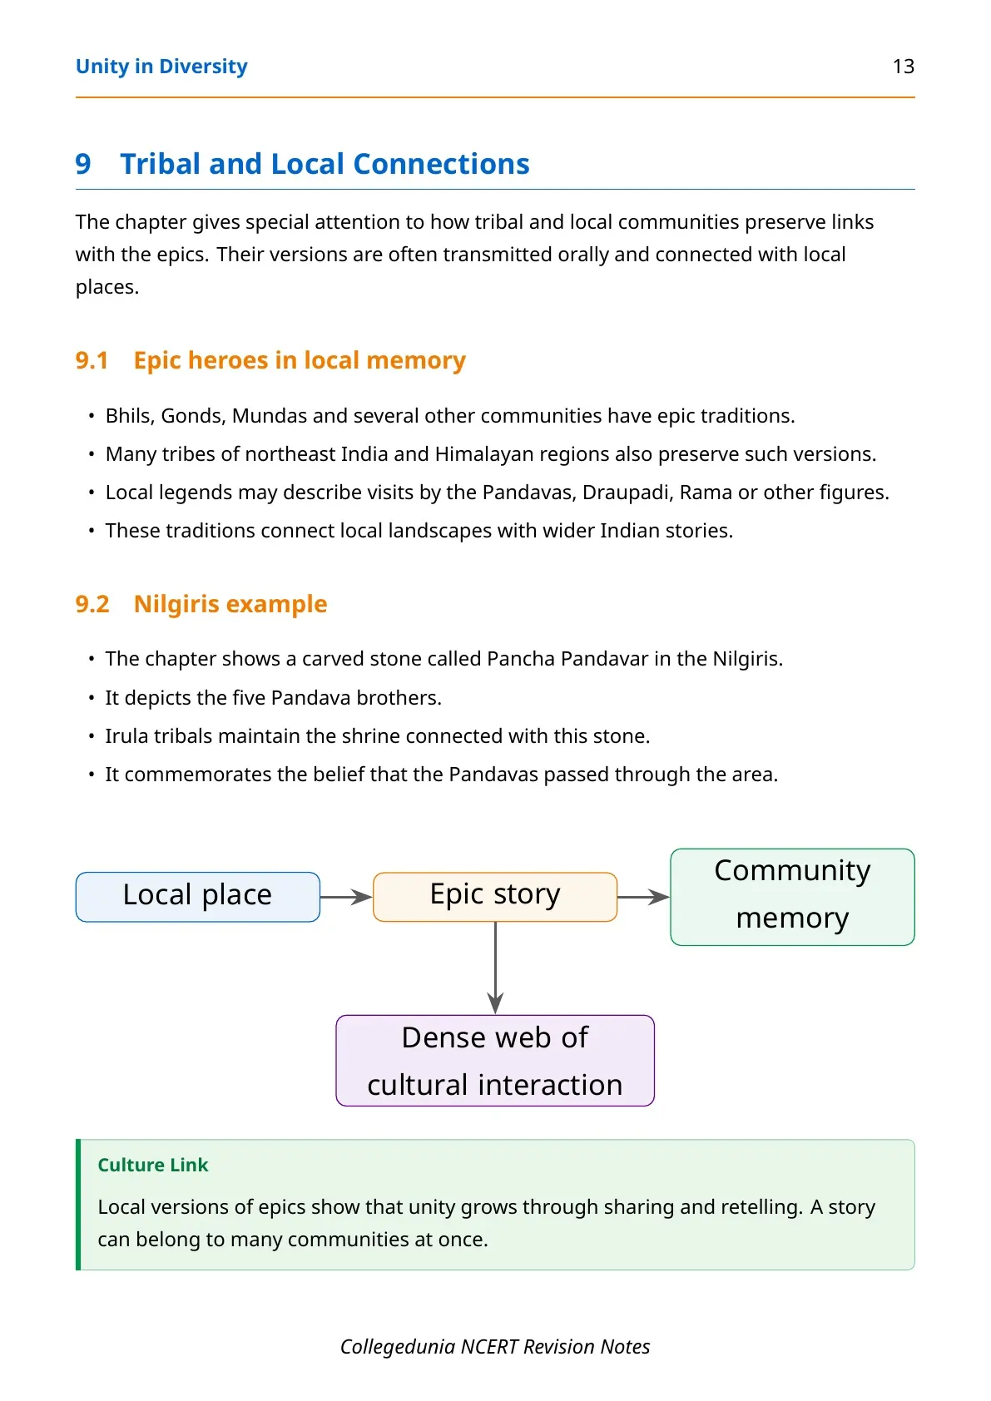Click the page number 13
click(903, 67)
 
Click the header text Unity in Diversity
click(161, 67)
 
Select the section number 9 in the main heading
click(83, 164)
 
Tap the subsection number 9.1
click(92, 360)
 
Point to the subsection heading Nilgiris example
click(230, 604)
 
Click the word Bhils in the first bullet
click(127, 416)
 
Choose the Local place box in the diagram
click(198, 897)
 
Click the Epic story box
click(495, 897)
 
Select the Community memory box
click(792, 896)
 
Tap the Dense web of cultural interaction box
click(495, 1061)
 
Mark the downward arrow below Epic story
click(496, 968)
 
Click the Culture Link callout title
click(152, 1165)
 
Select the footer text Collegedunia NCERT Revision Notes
click(495, 1346)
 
